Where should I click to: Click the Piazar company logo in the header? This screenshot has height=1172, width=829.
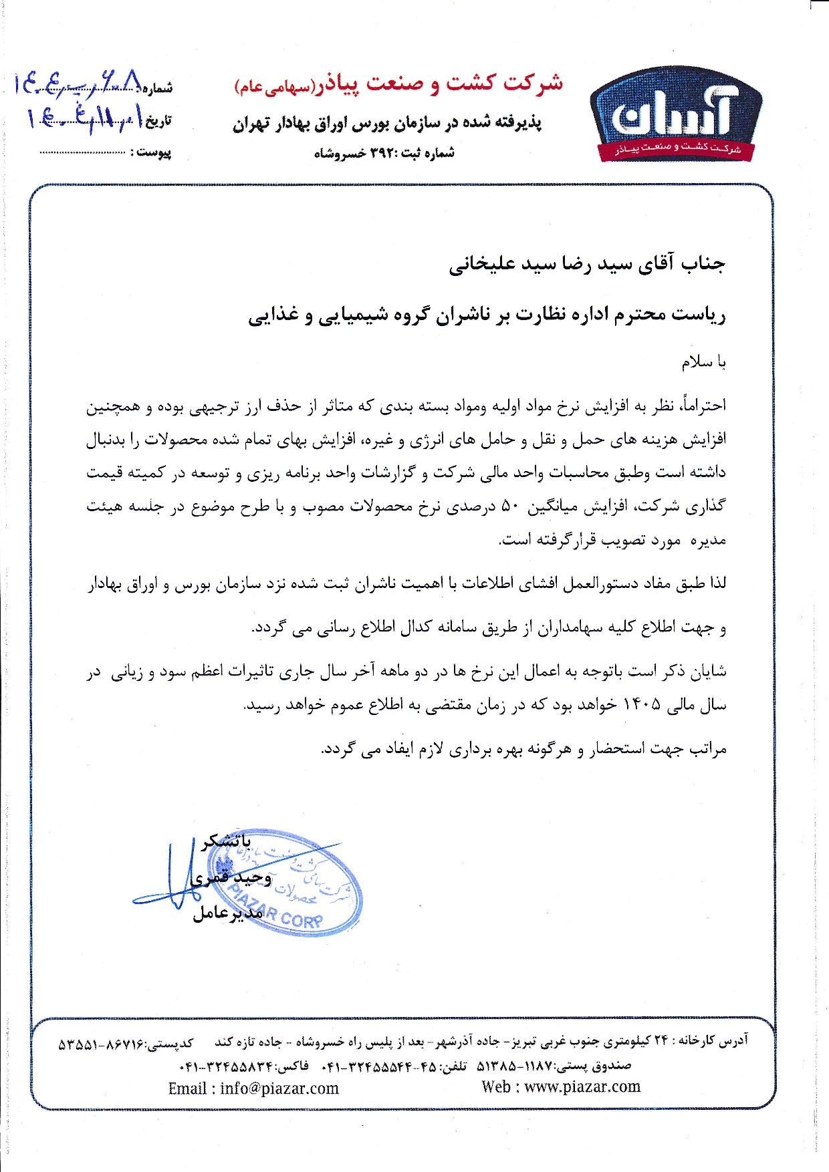click(x=675, y=115)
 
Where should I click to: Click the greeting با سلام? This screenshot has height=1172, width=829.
click(x=703, y=362)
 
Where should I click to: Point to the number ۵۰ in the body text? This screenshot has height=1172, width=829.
click(x=510, y=506)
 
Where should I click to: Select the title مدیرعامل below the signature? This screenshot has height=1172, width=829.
click(x=227, y=913)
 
